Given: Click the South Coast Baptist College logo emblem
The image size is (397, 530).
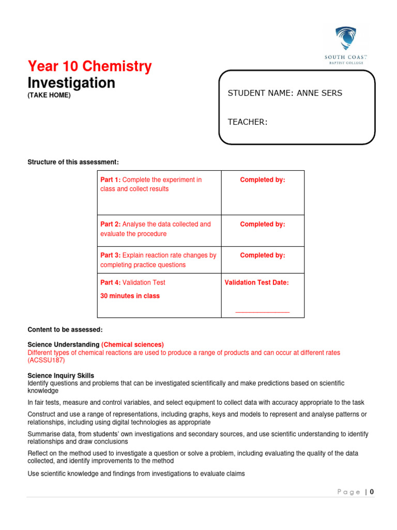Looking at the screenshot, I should [x=342, y=39].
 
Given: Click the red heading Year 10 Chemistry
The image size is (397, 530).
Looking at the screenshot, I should [x=89, y=66].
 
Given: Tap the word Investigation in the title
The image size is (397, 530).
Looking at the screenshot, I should [x=71, y=83].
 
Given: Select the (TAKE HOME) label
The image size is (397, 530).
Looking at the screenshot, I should [x=49, y=95].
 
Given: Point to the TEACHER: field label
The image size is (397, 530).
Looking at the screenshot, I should [x=248, y=122].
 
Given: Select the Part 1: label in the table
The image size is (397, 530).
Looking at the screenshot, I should [x=110, y=180].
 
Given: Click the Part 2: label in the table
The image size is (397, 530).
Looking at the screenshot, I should [x=110, y=224].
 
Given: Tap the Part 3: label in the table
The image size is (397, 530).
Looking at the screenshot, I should [x=110, y=255].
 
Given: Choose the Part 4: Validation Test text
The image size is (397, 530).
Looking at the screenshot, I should [x=133, y=283].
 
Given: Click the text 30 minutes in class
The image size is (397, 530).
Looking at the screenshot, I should [x=130, y=296].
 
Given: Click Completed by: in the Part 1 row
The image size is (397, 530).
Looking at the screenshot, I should [x=262, y=180].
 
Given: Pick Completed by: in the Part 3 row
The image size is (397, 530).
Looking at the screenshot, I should [x=262, y=255].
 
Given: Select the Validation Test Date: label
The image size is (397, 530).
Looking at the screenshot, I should [x=257, y=283].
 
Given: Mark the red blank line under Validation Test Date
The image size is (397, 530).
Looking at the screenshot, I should [x=262, y=312].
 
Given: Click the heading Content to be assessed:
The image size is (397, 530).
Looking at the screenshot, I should [x=65, y=330].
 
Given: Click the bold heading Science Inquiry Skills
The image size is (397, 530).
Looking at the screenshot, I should [x=60, y=375].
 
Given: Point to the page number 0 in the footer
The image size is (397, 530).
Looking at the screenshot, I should [x=371, y=492].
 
